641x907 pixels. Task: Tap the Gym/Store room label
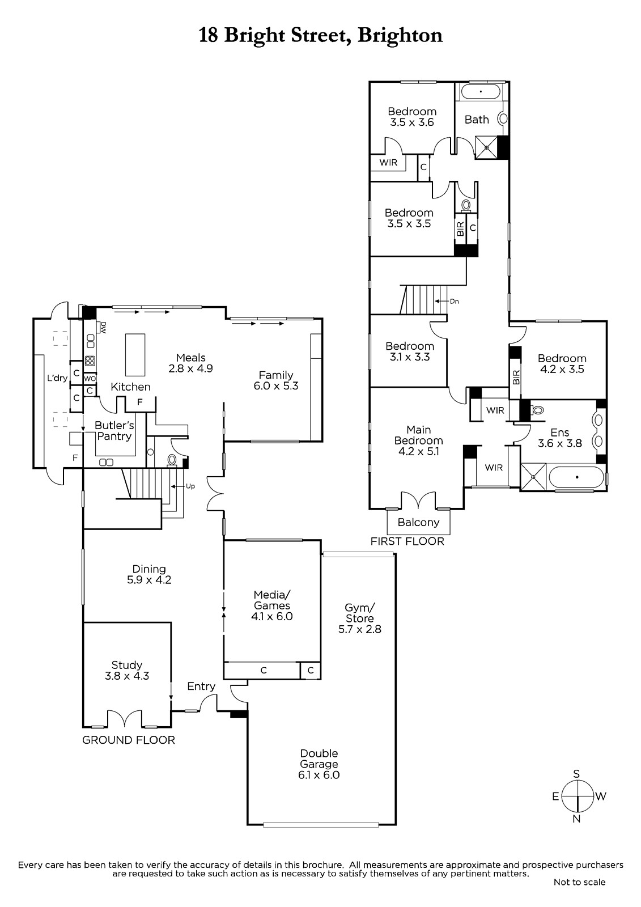(359, 613)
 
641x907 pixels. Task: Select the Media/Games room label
(271, 600)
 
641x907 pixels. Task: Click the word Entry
(201, 686)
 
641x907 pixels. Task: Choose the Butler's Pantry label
(114, 430)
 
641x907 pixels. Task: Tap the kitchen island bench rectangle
(135, 355)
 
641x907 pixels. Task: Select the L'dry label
(57, 378)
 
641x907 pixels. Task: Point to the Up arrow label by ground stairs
(190, 486)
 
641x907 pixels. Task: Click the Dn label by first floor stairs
(455, 301)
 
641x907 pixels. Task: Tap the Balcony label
(418, 522)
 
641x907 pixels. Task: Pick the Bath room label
(477, 120)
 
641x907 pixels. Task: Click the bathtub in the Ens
(576, 478)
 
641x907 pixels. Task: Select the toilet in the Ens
(537, 410)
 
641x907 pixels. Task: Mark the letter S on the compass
(576, 774)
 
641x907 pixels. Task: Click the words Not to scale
(579, 881)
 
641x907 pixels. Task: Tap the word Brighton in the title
(400, 36)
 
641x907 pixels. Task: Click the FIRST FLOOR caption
(407, 541)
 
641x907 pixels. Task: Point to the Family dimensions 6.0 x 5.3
(276, 386)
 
